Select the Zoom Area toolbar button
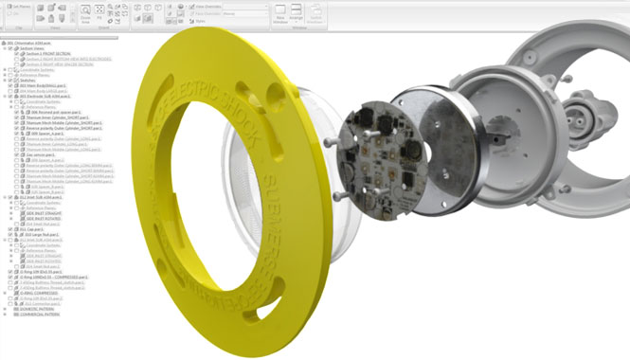pos(85,16)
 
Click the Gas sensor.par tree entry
pos(47,153)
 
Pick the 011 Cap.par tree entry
pos(32,228)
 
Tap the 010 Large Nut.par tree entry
pos(38,235)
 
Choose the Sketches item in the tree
pos(25,81)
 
